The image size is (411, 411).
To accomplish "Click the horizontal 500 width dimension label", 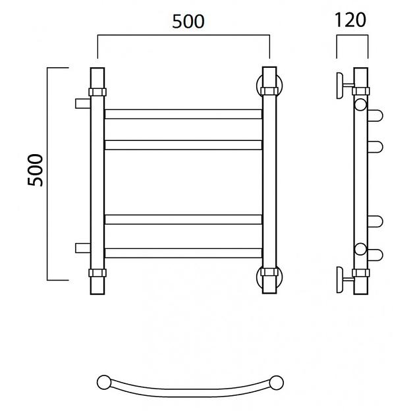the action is pyautogui.click(x=188, y=22).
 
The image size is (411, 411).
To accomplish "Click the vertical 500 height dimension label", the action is pyautogui.click(x=35, y=171).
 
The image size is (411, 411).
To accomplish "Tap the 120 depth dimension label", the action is pyautogui.click(x=350, y=20).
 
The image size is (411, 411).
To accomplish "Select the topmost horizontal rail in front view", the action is pyautogui.click(x=183, y=114).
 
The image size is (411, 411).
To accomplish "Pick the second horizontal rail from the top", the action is pyautogui.click(x=183, y=145).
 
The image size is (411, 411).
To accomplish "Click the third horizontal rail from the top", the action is pyautogui.click(x=183, y=219).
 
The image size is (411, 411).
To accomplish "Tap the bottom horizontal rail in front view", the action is pyautogui.click(x=183, y=253).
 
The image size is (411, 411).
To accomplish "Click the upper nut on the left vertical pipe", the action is pyautogui.click(x=97, y=92).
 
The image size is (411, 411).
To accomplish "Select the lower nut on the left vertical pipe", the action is pyautogui.click(x=97, y=273).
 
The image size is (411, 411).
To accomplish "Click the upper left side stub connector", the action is pyautogui.click(x=83, y=103).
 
